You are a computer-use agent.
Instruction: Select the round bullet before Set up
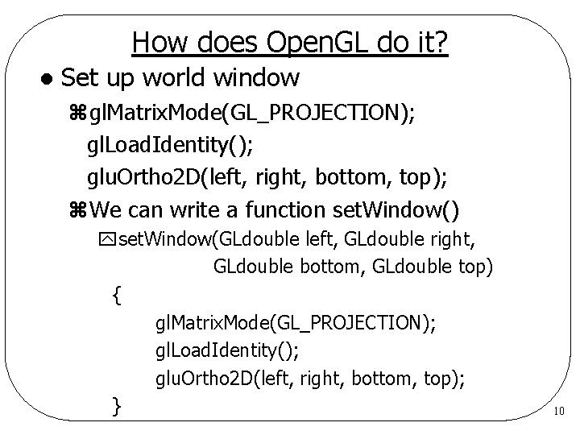(x=47, y=79)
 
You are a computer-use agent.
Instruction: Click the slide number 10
(x=559, y=412)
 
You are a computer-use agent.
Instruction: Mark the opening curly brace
(x=118, y=296)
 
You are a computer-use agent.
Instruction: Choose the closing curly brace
(x=118, y=405)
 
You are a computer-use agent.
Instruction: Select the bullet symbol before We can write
(x=78, y=211)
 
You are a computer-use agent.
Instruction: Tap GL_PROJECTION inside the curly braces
(x=351, y=324)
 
